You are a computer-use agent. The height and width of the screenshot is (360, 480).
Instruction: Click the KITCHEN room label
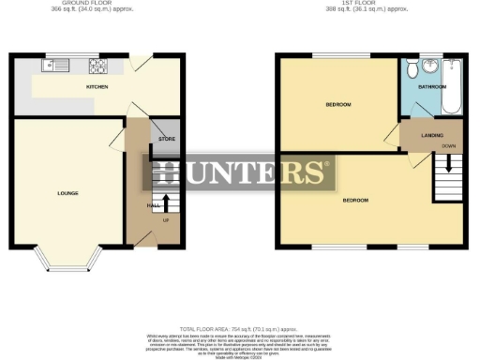(97, 87)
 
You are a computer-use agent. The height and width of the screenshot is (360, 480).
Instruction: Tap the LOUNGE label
(67, 194)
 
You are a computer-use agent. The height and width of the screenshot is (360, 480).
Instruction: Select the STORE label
(167, 139)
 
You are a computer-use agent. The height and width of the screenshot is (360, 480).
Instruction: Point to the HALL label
(151, 205)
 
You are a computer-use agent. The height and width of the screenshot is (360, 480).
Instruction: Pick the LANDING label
(432, 136)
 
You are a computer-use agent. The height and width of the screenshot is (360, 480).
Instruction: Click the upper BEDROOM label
(338, 104)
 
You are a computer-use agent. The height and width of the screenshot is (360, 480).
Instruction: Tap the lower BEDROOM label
(354, 201)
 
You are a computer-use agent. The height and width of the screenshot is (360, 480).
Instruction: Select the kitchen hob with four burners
(97, 66)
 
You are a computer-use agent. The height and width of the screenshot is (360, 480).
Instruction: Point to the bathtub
(451, 86)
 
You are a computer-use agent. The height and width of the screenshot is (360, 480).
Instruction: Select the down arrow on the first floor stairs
(448, 162)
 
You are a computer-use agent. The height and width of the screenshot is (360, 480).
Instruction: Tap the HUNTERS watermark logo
(240, 172)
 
